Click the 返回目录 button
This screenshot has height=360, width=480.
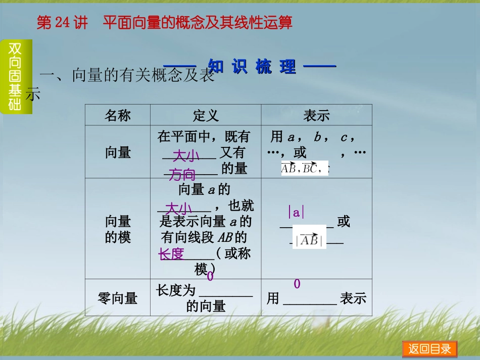pos(429,349)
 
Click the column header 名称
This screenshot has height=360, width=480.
pos(118,116)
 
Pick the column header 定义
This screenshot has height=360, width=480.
pos(206,116)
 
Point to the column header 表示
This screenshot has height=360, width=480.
pos(316,116)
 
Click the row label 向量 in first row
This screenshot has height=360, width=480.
pos(118,152)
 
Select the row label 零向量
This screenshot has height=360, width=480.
pos(118,298)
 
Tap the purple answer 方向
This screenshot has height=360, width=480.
pos(182,175)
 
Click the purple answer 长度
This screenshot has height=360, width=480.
pos(171,254)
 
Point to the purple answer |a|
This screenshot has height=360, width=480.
pos(296,213)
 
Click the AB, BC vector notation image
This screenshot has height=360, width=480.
pos(304,169)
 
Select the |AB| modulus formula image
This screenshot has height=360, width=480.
pos(309,240)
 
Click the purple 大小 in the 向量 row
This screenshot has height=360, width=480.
pos(186,156)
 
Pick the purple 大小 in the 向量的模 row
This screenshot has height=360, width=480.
pos(178,209)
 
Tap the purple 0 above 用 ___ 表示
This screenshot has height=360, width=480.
pos(297,284)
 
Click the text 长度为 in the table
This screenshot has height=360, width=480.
pos(175,290)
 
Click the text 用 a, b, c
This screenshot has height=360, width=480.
pos(312,137)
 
